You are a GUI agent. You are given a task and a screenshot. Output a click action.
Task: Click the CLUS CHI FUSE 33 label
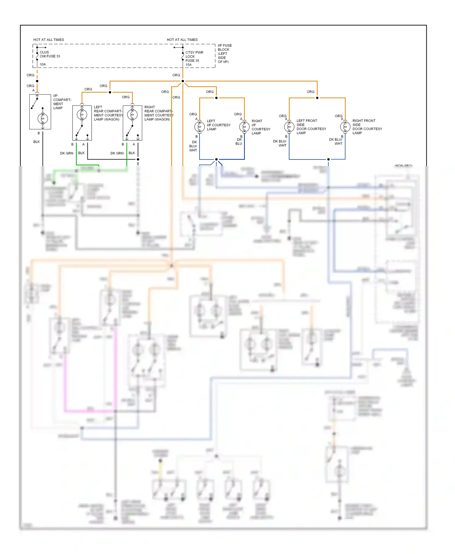[50, 54]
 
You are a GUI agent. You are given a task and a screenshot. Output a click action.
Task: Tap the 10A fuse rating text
[43, 64]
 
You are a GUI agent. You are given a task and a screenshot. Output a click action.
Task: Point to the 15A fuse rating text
[188, 65]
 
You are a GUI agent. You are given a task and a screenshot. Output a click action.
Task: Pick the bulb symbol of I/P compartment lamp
[42, 118]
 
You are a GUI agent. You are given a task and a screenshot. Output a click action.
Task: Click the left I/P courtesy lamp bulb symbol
[200, 127]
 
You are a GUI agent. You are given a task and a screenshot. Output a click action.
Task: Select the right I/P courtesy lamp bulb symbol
[244, 127]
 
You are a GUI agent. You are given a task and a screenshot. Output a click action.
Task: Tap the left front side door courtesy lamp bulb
[289, 126]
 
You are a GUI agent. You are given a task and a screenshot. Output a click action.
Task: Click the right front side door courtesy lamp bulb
[345, 126]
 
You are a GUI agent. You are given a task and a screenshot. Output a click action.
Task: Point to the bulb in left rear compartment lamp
[82, 114]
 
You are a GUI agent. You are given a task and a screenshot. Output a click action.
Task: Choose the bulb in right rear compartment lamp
[132, 114]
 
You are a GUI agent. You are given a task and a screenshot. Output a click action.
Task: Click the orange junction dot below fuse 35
[183, 81]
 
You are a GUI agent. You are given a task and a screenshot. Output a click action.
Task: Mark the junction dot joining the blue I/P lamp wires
[216, 159]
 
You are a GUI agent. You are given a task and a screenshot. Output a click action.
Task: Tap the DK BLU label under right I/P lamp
[239, 142]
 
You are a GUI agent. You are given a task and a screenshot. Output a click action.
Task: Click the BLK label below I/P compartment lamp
[36, 142]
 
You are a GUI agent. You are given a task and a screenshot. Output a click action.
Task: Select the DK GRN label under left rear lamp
[66, 153]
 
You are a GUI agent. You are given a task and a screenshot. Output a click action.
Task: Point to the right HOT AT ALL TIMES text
[182, 40]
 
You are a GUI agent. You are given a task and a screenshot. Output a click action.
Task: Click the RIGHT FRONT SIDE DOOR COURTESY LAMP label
[367, 127]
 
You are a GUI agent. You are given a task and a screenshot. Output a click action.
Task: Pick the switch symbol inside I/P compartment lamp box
[35, 102]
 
